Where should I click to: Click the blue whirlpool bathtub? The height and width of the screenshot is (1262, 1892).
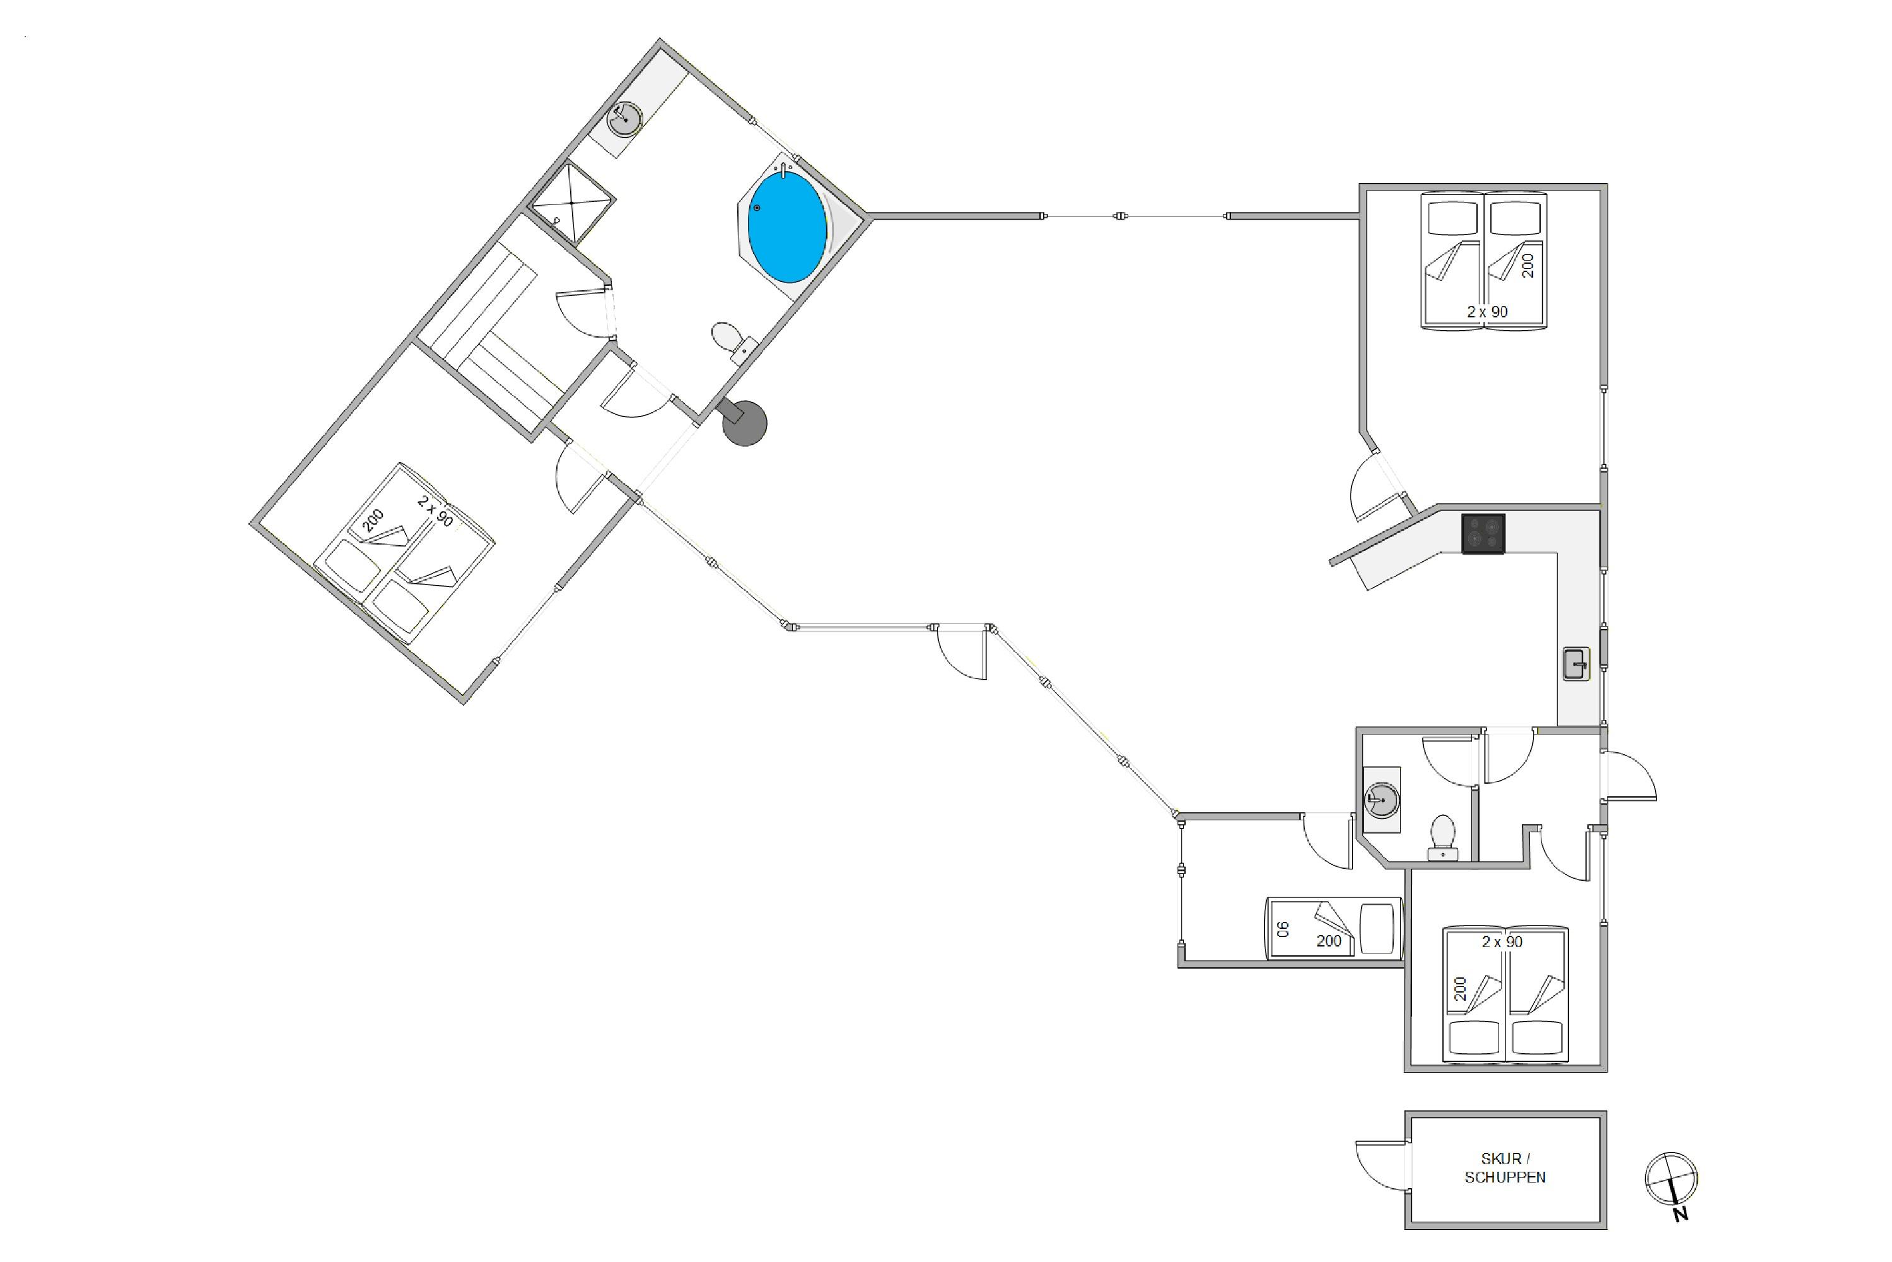[786, 227]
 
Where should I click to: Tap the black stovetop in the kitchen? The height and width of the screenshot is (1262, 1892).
[1483, 534]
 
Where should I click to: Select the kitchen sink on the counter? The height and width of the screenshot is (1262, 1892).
[1576, 664]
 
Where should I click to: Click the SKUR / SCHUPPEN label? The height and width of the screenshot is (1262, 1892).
[1505, 1168]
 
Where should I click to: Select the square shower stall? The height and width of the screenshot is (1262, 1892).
[571, 203]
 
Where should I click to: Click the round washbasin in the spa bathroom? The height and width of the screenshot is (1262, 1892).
[624, 121]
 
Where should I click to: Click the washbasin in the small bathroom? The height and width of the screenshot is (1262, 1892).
[1382, 800]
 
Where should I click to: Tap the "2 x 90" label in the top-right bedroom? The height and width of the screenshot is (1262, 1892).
[1487, 312]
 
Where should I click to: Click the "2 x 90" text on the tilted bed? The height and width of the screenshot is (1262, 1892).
[435, 512]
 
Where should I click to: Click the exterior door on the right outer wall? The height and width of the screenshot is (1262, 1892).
[1629, 777]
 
